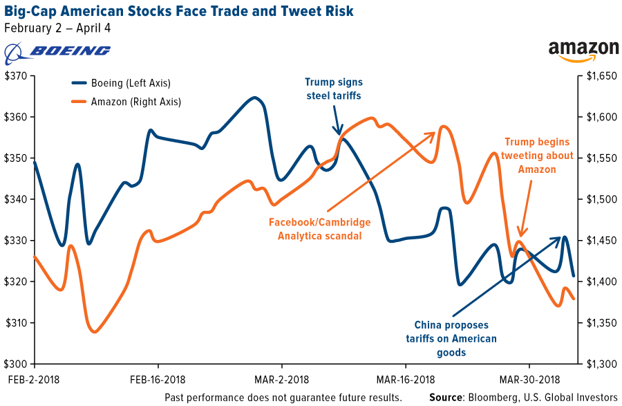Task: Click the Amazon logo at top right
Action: click(x=583, y=50)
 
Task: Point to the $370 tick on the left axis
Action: click(x=16, y=75)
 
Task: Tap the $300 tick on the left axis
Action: click(x=16, y=365)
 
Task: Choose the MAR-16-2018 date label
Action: click(x=406, y=379)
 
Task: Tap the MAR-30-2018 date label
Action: click(x=529, y=379)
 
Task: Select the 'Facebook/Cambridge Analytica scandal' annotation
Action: click(x=319, y=229)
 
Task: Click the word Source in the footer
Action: click(x=446, y=398)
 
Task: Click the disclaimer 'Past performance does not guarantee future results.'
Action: click(x=283, y=398)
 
